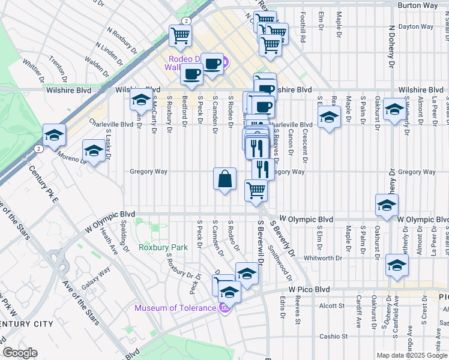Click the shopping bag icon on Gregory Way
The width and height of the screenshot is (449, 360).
[x=224, y=179]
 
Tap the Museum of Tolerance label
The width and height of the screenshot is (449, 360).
[x=175, y=308]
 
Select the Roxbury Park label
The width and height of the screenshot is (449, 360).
[x=155, y=247]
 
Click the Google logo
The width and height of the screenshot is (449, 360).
[x=20, y=353]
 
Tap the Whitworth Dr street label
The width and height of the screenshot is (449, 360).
[x=322, y=258]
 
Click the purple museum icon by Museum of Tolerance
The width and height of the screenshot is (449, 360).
[x=224, y=308]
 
